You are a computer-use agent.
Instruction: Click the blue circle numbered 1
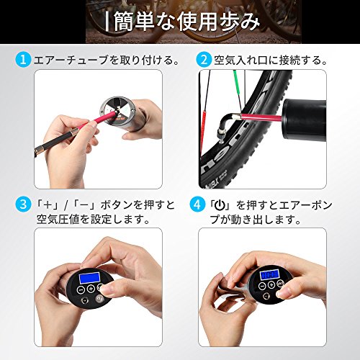(23, 60)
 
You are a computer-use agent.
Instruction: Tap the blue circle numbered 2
(204, 60)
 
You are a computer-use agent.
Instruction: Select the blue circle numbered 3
(23, 204)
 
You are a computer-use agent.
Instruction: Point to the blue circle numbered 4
(197, 204)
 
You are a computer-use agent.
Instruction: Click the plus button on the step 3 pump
(91, 289)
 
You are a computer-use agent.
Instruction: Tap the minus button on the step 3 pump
(81, 290)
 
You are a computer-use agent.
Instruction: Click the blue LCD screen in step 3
(89, 278)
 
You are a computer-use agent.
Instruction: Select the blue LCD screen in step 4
(270, 274)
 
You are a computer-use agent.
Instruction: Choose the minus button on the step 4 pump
(262, 286)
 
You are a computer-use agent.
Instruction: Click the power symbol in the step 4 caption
(220, 205)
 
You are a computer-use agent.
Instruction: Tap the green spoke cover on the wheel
(238, 88)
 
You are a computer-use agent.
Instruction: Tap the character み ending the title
(249, 22)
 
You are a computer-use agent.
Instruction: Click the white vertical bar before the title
(107, 22)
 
